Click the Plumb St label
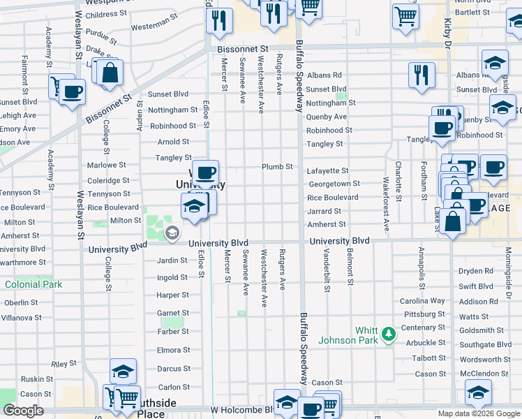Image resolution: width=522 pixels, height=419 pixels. (x=276, y=167)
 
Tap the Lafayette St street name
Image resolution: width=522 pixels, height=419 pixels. (x=327, y=171)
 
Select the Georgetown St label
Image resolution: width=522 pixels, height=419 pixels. (x=333, y=184)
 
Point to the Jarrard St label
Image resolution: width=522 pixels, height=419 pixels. (x=324, y=211)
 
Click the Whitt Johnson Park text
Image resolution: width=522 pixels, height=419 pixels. (x=347, y=335)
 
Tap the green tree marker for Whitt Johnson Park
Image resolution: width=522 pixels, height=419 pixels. (x=388, y=336)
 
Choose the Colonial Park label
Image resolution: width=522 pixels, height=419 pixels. (x=33, y=285)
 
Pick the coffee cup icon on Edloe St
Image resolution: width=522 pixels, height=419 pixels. (x=204, y=172)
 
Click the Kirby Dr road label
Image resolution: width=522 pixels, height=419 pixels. (x=447, y=28)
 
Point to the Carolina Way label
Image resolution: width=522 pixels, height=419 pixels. (x=422, y=301)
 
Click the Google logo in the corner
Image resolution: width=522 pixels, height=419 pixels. (x=23, y=411)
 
